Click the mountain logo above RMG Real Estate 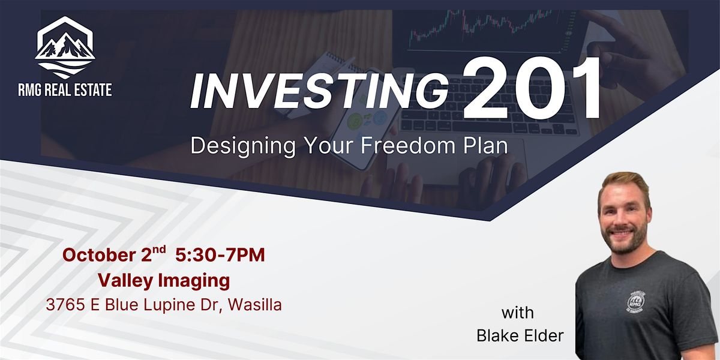(65, 47)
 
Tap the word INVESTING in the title (319, 92)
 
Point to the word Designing (243, 147)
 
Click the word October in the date (99, 256)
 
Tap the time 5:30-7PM (220, 255)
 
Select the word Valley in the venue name (125, 281)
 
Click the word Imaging (194, 281)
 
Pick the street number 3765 (65, 305)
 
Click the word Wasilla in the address (255, 305)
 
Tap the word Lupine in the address (169, 305)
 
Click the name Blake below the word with (497, 336)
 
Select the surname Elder (544, 336)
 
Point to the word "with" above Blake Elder (517, 313)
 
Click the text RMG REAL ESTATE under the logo (65, 89)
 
